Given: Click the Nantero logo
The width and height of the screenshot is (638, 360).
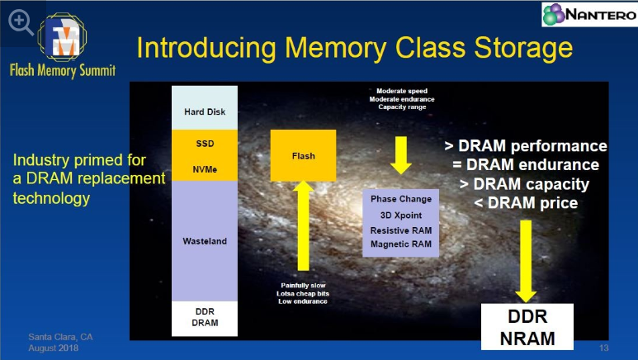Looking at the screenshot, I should pyautogui.click(x=588, y=15).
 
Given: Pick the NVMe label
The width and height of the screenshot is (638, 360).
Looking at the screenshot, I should pyautogui.click(x=204, y=169).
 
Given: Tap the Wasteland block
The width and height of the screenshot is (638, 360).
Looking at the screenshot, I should pyautogui.click(x=204, y=241).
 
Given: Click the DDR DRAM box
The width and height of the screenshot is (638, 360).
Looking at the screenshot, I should pyautogui.click(x=204, y=317).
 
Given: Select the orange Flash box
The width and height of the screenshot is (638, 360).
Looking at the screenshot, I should pyautogui.click(x=303, y=155).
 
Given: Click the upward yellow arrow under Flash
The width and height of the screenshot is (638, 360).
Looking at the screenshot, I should pyautogui.click(x=303, y=231).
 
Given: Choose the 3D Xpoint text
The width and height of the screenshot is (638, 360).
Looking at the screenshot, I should pyautogui.click(x=401, y=215).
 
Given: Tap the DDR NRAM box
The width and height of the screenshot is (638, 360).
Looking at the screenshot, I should pyautogui.click(x=525, y=328).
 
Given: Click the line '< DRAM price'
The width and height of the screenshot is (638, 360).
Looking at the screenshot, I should pyautogui.click(x=525, y=202).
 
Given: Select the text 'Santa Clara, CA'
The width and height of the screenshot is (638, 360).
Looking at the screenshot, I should pyautogui.click(x=60, y=338).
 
